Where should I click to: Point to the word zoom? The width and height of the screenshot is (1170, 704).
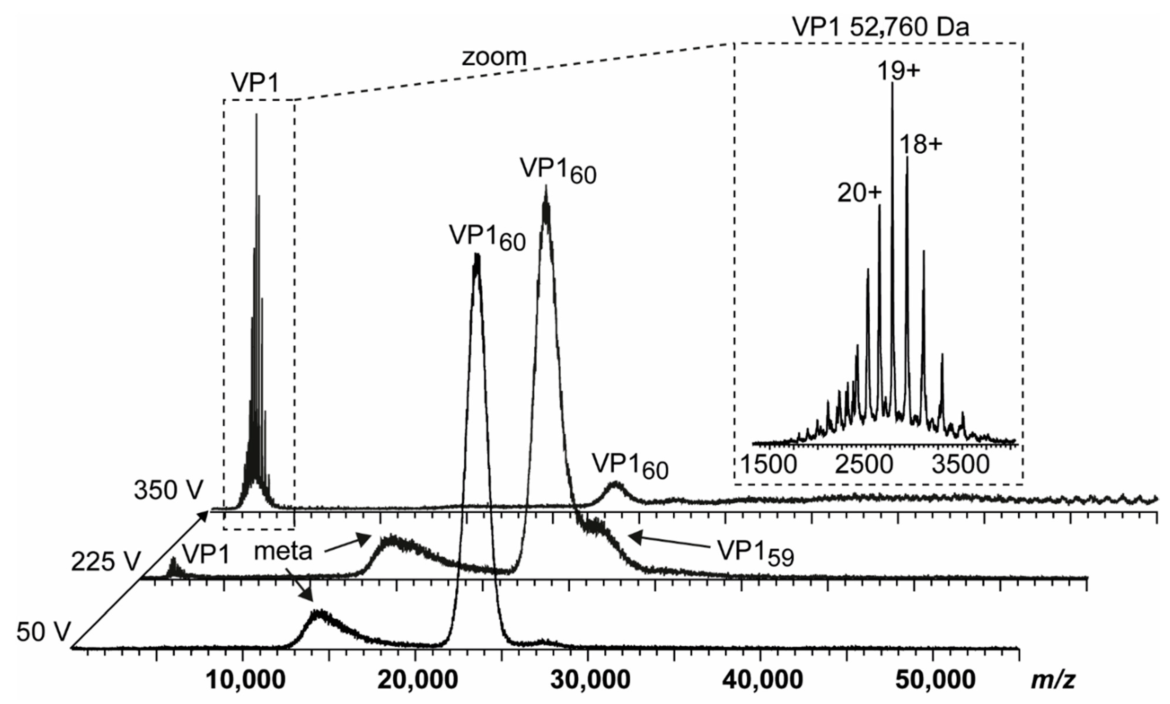[x=494, y=57]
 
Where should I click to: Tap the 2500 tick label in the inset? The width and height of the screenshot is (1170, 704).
[x=863, y=465]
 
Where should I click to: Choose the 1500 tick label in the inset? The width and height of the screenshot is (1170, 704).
[x=768, y=465]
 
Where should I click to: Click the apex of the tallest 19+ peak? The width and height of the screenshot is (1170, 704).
[x=892, y=84]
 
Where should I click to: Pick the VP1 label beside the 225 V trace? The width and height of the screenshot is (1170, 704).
[x=205, y=554]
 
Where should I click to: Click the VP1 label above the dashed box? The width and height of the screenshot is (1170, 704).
[x=256, y=83]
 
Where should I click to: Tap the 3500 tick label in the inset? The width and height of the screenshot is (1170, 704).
[x=960, y=465]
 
